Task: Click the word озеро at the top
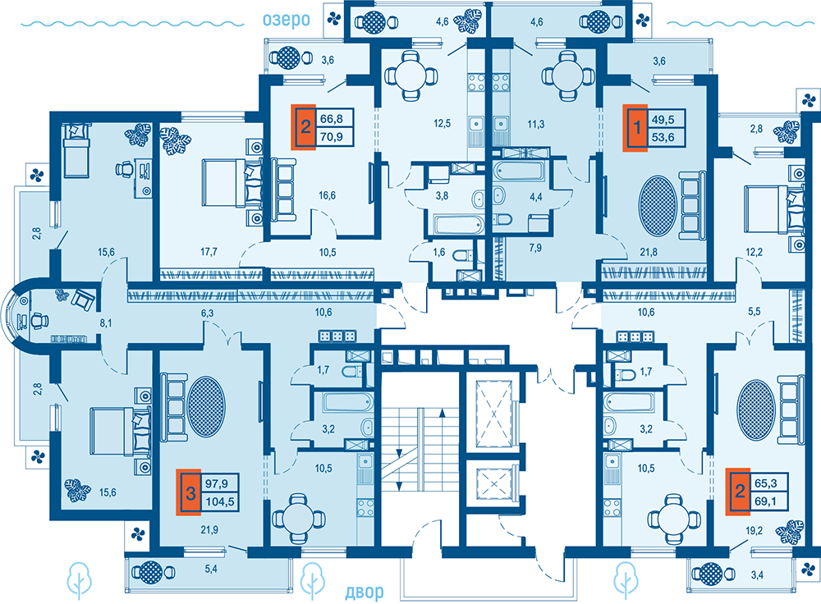click(x=287, y=20)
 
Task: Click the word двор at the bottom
click(x=365, y=592)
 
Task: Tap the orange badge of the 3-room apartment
click(x=190, y=492)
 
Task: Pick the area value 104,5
click(x=220, y=502)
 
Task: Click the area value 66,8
click(x=332, y=119)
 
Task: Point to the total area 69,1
click(x=765, y=501)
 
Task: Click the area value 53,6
click(x=663, y=137)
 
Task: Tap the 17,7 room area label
click(x=209, y=252)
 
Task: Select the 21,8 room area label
click(x=649, y=252)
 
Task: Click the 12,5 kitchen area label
click(x=442, y=124)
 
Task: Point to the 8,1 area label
click(x=106, y=323)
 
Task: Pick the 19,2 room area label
click(x=754, y=530)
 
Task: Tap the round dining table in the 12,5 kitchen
click(x=410, y=75)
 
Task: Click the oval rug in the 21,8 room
click(x=658, y=205)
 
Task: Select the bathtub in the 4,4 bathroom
click(x=520, y=172)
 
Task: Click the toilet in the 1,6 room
click(x=462, y=256)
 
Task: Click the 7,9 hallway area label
click(x=535, y=248)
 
